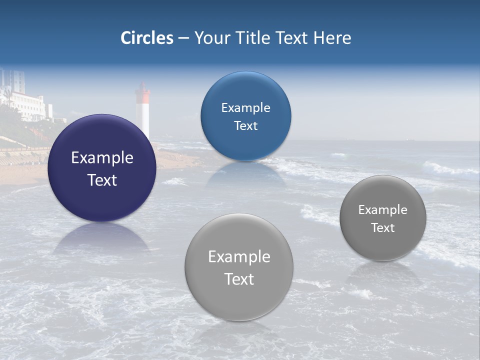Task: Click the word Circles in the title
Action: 147,38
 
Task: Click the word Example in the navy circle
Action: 102,158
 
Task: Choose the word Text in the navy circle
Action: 102,180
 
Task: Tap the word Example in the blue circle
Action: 245,108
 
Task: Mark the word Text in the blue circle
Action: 245,126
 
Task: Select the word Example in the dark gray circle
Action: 382,210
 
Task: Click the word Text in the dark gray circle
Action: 382,228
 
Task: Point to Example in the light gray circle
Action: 239,257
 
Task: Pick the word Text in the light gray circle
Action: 239,279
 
